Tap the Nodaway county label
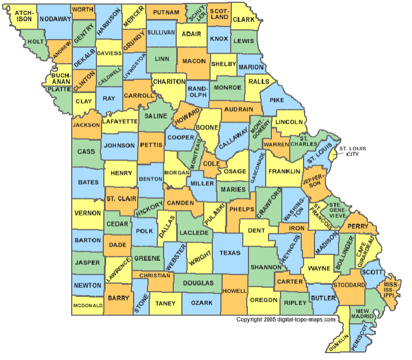click(x=55, y=19)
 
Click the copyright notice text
click(x=286, y=320)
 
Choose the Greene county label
click(x=147, y=259)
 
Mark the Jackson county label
click(x=87, y=124)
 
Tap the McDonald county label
click(x=88, y=306)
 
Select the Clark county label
click(x=243, y=19)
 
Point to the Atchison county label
click(x=24, y=15)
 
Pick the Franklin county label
click(x=284, y=171)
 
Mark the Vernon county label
click(x=88, y=213)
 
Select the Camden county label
click(x=181, y=204)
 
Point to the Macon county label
click(x=194, y=60)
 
